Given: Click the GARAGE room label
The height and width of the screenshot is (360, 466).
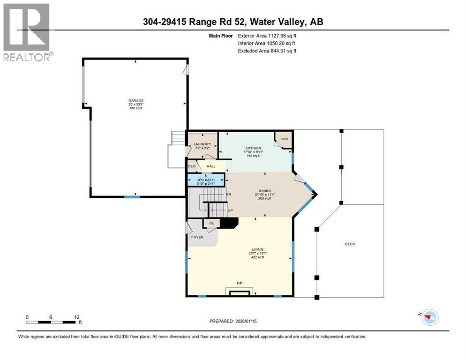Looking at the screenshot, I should pyautogui.click(x=136, y=100).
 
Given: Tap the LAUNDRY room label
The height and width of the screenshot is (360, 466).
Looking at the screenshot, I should pyautogui.click(x=196, y=144).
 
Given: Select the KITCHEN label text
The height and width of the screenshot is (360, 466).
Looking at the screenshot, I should pyautogui.click(x=252, y=148).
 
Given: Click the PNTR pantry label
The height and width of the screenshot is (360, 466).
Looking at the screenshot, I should pyautogui.click(x=284, y=139).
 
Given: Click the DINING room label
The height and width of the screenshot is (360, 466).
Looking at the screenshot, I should pyautogui.click(x=265, y=191).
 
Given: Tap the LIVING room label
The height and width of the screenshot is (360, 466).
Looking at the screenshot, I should pyautogui.click(x=257, y=249).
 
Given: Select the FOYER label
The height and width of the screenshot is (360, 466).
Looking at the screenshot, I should pyautogui.click(x=197, y=237).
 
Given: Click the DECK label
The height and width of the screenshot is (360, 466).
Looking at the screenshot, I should pyautogui.click(x=350, y=244).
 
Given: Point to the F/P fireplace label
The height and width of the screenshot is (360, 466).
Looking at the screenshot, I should pyautogui.click(x=240, y=284).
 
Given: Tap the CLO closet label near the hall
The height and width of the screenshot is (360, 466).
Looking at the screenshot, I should pyautogui.click(x=192, y=166).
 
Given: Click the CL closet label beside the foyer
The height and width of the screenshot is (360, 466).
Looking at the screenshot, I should pyautogui.click(x=211, y=224).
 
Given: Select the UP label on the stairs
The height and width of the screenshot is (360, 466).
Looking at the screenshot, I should pyautogui.click(x=230, y=210).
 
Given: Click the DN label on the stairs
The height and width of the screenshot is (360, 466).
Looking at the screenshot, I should pyautogui.click(x=229, y=194).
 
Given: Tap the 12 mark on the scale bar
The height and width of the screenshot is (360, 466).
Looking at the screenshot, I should pyautogui.click(x=76, y=317).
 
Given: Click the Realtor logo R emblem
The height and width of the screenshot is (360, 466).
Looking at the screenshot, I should pyautogui.click(x=26, y=27).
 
